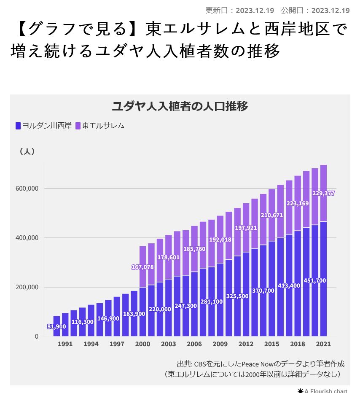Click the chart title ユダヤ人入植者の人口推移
pos(180,106)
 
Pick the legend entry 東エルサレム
pos(99,126)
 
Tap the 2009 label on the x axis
pos(220,344)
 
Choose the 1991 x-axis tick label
pos(65,344)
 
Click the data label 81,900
pos(56,327)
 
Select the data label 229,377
pos(323,193)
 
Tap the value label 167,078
pos(142,267)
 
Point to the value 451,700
pos(314,280)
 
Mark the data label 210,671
pos(271,215)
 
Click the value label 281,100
pos(211,301)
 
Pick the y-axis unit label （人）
pos(27,151)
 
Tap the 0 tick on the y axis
pos(36,336)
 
